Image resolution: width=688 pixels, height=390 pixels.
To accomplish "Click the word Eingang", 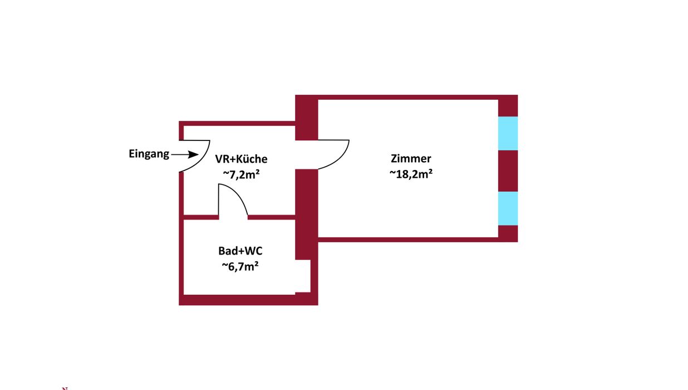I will click(x=149, y=154).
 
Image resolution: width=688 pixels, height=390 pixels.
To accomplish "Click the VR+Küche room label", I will click(x=241, y=159).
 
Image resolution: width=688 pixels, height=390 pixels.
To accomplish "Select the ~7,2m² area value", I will click(x=242, y=174).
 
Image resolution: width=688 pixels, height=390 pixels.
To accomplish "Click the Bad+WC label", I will click(x=240, y=251).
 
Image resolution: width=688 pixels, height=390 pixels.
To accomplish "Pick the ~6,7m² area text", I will click(x=240, y=266).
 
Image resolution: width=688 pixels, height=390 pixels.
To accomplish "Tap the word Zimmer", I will click(x=411, y=158).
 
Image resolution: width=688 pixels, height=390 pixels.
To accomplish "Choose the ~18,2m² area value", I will click(x=411, y=173).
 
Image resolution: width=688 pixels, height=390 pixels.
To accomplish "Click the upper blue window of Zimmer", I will click(x=508, y=133).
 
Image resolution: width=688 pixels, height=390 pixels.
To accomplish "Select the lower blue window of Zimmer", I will click(x=508, y=208).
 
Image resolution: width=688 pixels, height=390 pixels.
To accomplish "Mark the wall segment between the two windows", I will click(x=508, y=170).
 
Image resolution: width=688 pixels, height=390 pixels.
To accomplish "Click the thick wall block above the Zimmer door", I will click(x=306, y=118).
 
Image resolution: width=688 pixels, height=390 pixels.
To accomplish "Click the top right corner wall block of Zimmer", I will click(x=508, y=105).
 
